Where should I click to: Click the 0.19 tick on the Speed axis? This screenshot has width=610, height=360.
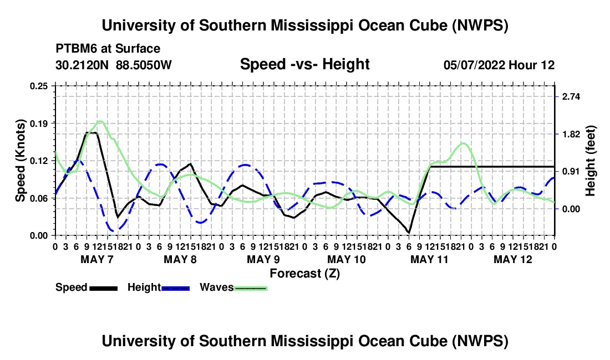[x=39, y=124]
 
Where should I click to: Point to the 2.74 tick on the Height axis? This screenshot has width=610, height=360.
[x=571, y=97]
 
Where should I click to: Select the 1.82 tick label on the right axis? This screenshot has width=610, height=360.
[x=571, y=135]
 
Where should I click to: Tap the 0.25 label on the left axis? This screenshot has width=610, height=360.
[x=39, y=86]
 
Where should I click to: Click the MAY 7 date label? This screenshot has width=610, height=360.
[x=97, y=259]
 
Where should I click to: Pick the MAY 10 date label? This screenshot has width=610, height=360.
[x=347, y=259]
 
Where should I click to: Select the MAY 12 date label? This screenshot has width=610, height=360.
[x=513, y=259]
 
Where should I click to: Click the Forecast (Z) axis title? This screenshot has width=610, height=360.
[x=305, y=274]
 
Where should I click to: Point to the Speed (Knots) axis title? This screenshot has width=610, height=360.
[x=20, y=161]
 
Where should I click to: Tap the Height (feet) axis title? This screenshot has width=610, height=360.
[x=591, y=161]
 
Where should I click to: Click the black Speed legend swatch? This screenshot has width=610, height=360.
[x=104, y=288]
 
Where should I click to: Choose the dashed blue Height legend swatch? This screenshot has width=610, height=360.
[x=175, y=288]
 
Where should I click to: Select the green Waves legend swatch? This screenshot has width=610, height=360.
[x=251, y=288]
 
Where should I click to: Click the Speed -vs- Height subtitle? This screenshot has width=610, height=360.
[x=305, y=64]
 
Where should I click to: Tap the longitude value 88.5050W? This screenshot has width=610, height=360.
[x=144, y=65]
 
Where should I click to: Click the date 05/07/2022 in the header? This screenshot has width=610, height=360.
[x=474, y=65]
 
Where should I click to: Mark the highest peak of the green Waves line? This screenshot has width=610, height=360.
[x=100, y=121]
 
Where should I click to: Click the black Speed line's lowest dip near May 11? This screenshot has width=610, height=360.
[x=409, y=232]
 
